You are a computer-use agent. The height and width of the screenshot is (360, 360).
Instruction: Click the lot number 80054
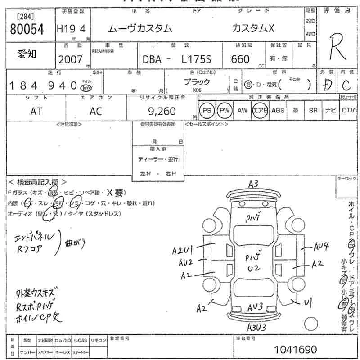(x=27, y=30)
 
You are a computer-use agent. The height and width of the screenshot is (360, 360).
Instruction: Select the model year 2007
(x=70, y=59)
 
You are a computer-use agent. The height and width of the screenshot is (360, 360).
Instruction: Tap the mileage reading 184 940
(x=43, y=85)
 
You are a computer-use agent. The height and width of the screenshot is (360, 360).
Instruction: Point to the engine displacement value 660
(x=240, y=59)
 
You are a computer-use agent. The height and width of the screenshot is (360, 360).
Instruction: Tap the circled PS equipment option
(x=207, y=111)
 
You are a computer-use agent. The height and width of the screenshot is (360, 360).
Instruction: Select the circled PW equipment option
(x=224, y=111)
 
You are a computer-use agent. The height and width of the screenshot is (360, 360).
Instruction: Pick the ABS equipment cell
(x=278, y=111)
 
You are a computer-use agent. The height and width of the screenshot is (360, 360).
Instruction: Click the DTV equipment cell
(x=348, y=111)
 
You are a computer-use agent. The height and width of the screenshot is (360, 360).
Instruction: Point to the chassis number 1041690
(x=295, y=349)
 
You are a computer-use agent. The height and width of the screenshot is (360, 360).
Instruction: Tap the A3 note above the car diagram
(x=253, y=184)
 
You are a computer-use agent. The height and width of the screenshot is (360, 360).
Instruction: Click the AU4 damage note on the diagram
(x=322, y=246)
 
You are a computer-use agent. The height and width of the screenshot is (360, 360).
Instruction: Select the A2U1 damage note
(x=183, y=251)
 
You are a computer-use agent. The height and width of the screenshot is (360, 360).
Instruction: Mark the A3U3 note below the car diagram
(x=256, y=327)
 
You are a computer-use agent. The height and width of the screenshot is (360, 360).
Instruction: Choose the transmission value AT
(x=36, y=112)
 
